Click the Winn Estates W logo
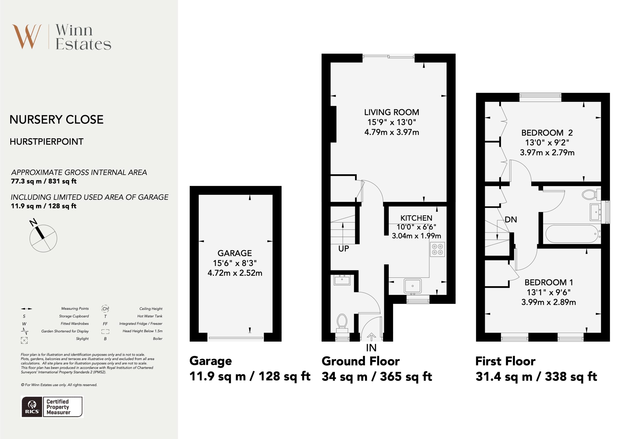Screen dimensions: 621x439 (27, 37)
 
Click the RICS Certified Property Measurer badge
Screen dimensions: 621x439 (52, 407)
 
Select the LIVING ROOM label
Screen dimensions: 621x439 (391, 112)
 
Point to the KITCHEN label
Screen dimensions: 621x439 (416, 218)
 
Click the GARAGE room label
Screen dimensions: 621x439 (235, 253)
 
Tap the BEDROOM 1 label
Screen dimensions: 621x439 (548, 282)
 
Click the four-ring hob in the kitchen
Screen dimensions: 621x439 (437, 249)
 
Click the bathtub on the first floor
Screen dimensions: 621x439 (572, 234)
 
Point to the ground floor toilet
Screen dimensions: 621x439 (342, 323)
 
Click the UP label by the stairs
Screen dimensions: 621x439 (343, 249)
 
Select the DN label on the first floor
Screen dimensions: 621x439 (511, 219)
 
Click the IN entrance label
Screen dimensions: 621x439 (371, 348)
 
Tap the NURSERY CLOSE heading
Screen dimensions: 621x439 (57, 119)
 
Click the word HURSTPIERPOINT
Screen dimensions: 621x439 (47, 141)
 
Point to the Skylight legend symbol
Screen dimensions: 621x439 (24, 340)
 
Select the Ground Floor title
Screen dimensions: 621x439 (360, 361)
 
